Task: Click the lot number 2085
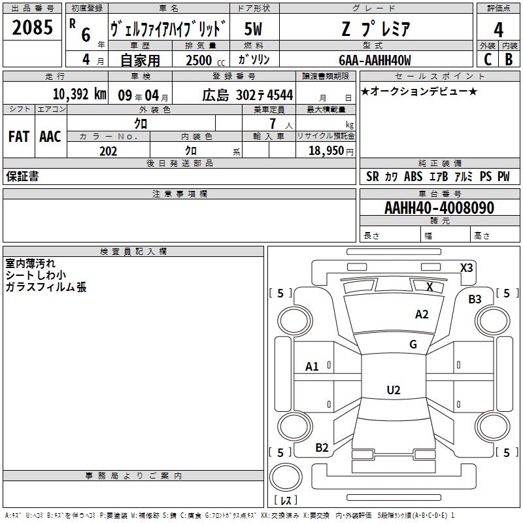click(x=33, y=27)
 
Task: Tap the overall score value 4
click(x=498, y=29)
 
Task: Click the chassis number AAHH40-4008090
click(x=439, y=208)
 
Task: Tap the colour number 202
click(x=108, y=151)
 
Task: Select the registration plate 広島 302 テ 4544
click(x=247, y=95)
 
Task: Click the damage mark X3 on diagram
click(x=467, y=267)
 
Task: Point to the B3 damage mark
click(x=475, y=299)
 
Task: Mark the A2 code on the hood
click(x=422, y=314)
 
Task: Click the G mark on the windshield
click(x=413, y=345)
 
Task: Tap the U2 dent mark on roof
click(x=394, y=390)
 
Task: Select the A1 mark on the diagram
click(x=312, y=367)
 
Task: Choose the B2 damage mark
click(x=322, y=448)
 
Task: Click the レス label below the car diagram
click(x=286, y=500)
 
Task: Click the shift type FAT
click(x=18, y=137)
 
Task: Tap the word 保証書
click(x=22, y=176)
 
